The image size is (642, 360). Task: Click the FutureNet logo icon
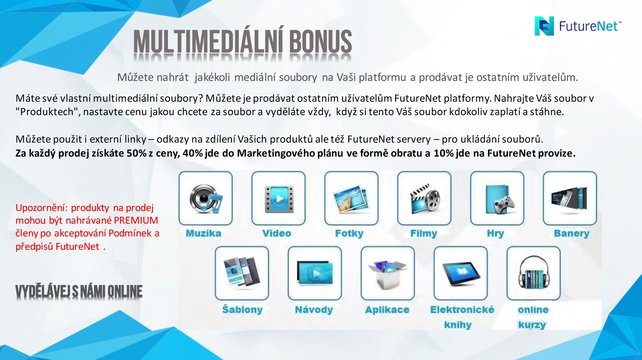point(544,26)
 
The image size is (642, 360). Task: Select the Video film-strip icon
point(279,199)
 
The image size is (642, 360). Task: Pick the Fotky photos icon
point(351,200)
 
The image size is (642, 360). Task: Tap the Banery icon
point(570,199)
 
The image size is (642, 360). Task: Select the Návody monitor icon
point(315,273)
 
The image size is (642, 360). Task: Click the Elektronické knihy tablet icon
point(461,273)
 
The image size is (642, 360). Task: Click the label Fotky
point(349,234)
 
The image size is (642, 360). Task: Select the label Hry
point(495,234)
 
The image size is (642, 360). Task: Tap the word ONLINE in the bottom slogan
point(125,291)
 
